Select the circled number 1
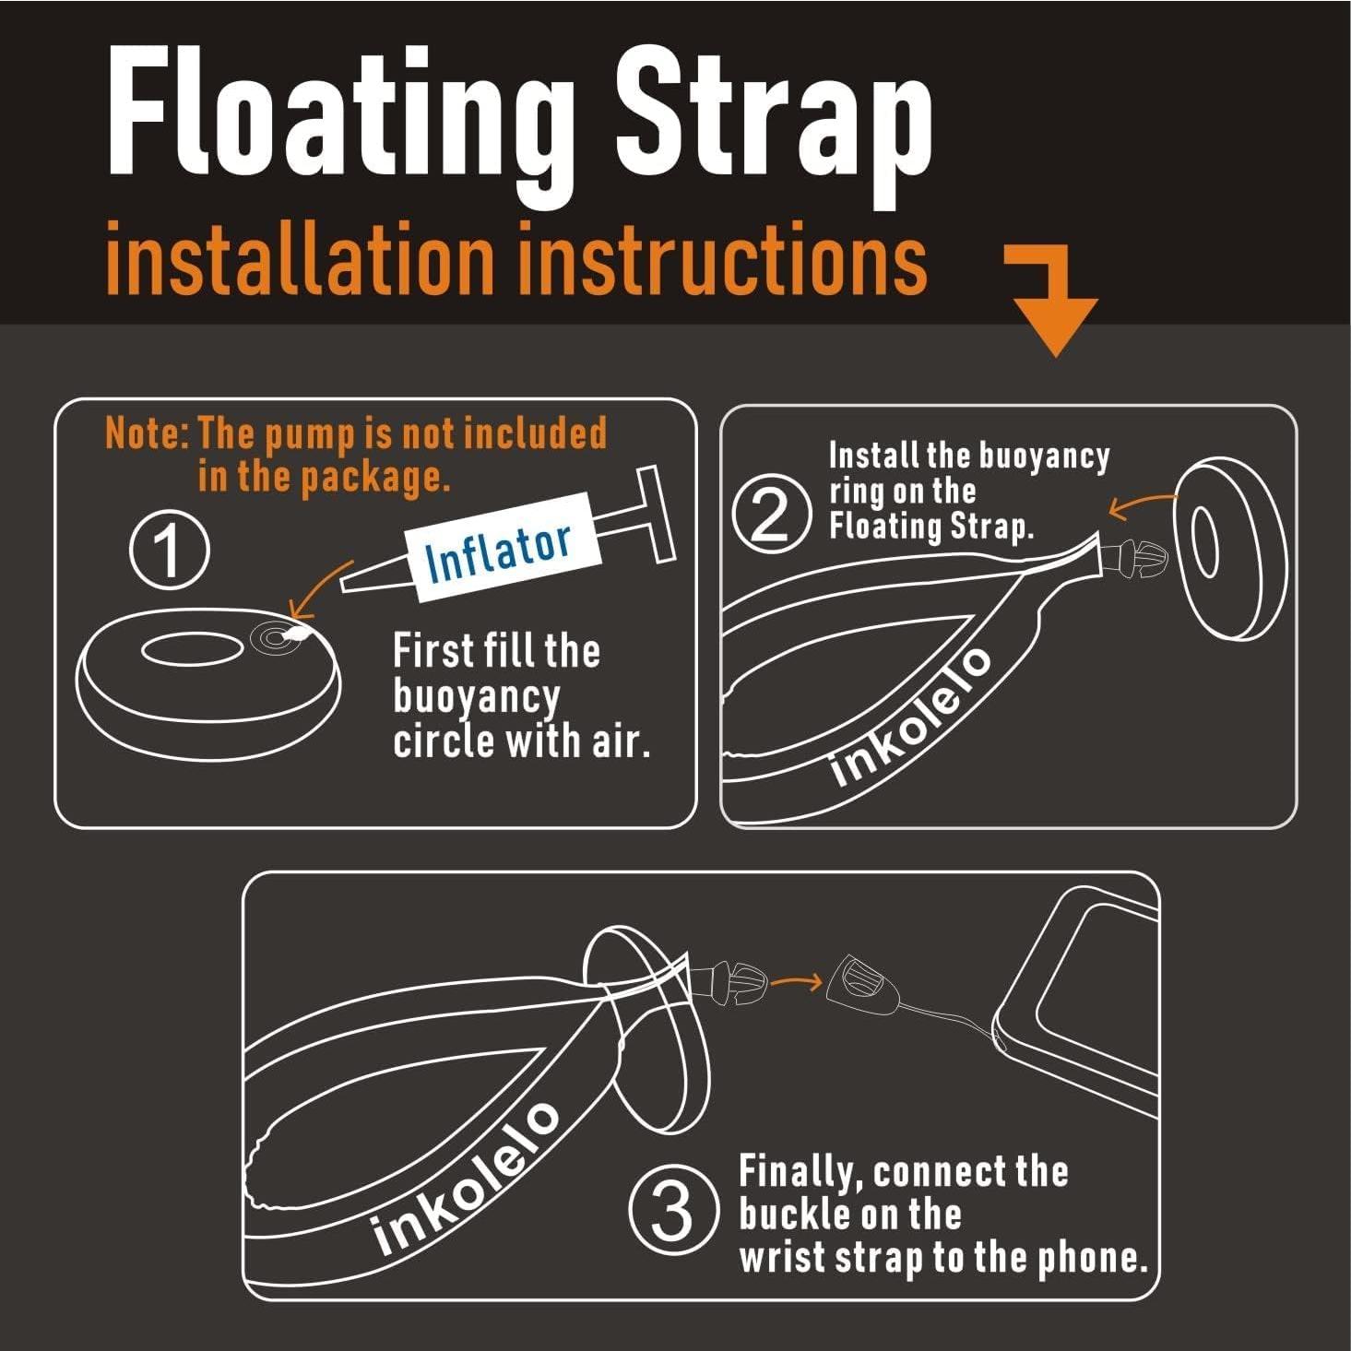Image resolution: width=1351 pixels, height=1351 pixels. [169, 550]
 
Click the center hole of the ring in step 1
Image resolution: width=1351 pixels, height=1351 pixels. [192, 648]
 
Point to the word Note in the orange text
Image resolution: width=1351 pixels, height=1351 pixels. [144, 433]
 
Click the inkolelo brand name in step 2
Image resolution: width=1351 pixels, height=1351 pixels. [911, 716]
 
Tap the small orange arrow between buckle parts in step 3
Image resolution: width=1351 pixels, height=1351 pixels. [795, 981]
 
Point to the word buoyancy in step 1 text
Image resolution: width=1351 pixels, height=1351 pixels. [476, 695]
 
